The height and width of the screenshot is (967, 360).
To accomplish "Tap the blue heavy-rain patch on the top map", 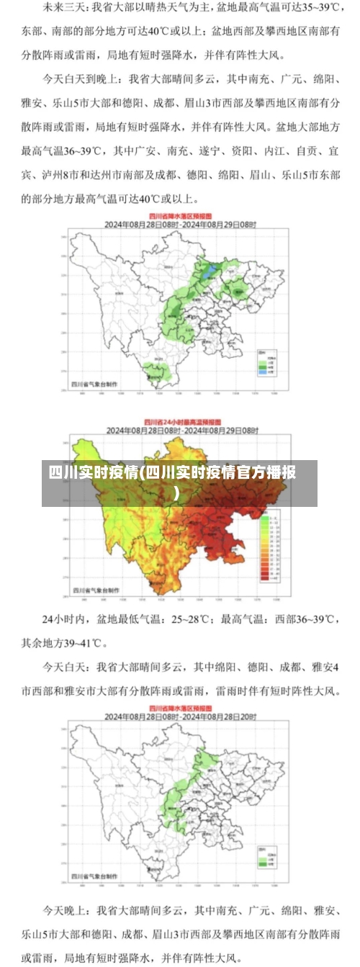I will coord(210,271).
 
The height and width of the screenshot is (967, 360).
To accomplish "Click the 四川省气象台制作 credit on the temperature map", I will coord(94,589).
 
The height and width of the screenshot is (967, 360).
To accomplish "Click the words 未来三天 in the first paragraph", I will coord(60,9).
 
